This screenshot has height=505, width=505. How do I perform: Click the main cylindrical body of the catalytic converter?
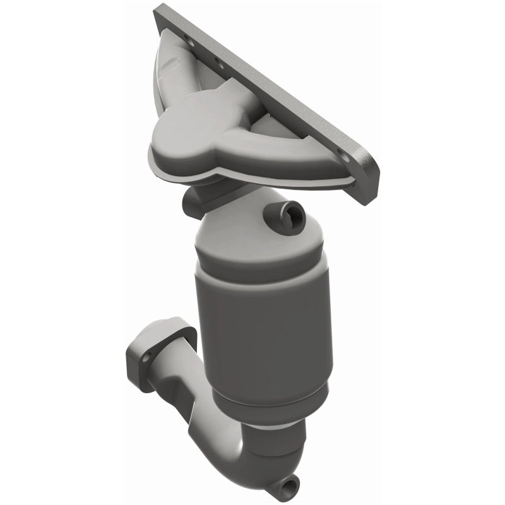click(265, 328)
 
